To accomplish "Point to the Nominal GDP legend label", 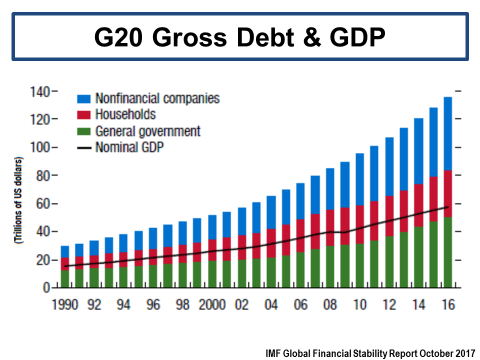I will [129, 147].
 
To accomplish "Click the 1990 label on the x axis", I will [65, 304].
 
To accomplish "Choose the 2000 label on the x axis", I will [212, 304].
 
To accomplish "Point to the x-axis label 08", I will [330, 304].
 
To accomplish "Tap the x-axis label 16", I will [448, 304].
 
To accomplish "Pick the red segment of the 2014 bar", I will [418, 205].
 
